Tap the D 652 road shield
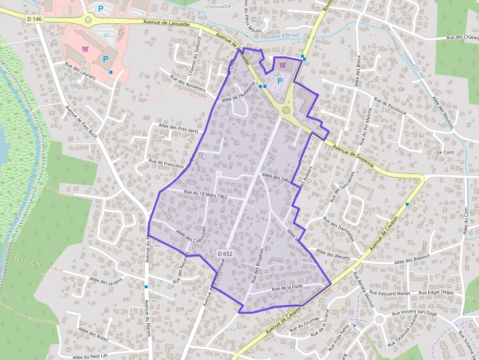[225, 254]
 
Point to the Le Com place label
[445, 152]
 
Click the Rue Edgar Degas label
[436, 292]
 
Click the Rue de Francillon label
[166, 163]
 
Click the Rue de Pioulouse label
[390, 106]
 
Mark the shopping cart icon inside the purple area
[283, 64]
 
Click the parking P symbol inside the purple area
[280, 82]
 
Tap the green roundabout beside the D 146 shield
[88, 20]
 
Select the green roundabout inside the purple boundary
[286, 110]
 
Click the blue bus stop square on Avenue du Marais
[146, 287]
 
